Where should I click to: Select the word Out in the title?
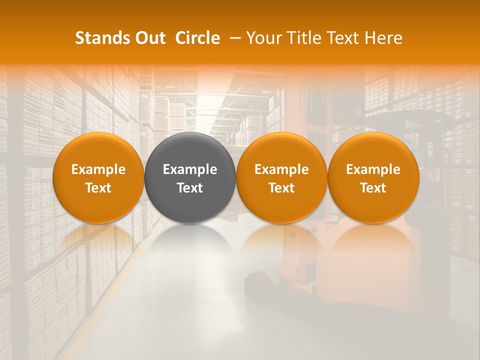tap(149, 38)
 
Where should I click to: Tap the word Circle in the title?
tap(197, 38)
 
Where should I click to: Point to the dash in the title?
tap(234, 38)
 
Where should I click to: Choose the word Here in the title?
tap(383, 38)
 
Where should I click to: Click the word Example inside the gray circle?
tap(190, 169)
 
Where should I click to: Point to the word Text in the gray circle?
tap(190, 188)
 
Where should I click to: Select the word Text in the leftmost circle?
tap(98, 188)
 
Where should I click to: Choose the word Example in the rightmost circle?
tap(373, 169)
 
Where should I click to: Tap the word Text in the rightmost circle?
tap(373, 188)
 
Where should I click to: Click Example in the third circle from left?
tap(281, 169)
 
